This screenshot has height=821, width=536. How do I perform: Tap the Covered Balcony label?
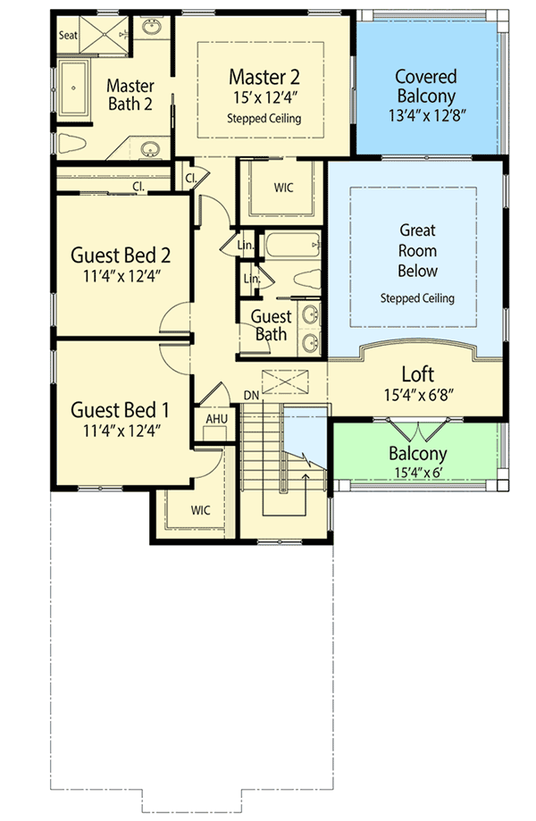[426, 87]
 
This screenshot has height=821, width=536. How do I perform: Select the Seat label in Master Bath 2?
[68, 35]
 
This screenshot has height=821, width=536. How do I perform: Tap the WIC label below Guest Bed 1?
[201, 510]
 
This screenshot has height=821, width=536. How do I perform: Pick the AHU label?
[215, 418]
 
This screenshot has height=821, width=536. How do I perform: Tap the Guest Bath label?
[270, 325]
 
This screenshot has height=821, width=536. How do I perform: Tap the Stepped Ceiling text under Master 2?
[264, 118]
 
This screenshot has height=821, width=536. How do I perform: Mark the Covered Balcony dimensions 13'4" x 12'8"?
[426, 116]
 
